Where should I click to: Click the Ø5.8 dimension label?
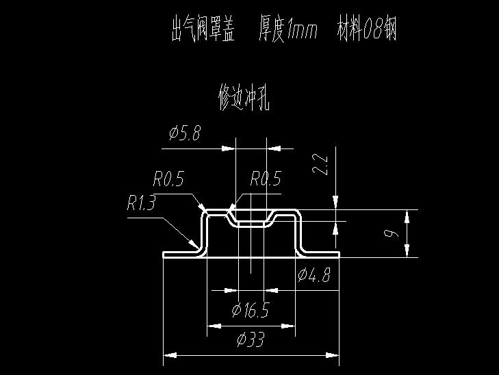[x=185, y=133]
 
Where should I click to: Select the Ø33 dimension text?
[x=251, y=339]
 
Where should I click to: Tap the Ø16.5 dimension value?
[x=251, y=310]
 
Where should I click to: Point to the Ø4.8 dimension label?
[x=314, y=275]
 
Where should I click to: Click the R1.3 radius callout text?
[x=141, y=203]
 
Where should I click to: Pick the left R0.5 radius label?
[x=168, y=179]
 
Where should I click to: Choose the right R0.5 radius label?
[x=266, y=178]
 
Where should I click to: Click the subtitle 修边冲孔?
[x=244, y=97]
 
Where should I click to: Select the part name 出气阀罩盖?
[x=203, y=29]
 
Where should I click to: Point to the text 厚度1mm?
[x=288, y=29]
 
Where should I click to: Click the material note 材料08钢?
[x=367, y=29]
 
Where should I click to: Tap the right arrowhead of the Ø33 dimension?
[x=333, y=355]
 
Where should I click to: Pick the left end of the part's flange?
[x=164, y=255]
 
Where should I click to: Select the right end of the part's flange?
[x=339, y=255]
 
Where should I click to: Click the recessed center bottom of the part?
[x=251, y=225]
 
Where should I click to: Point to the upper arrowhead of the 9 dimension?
[x=407, y=216]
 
